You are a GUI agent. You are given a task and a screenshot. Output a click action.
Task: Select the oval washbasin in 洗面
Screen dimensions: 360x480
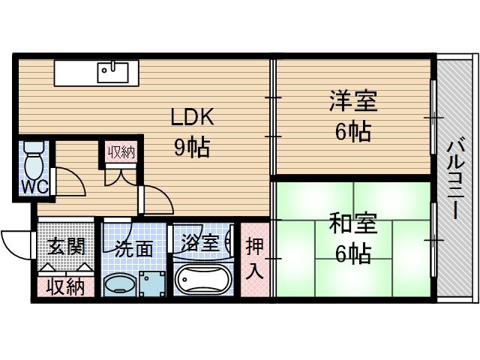click(118, 284)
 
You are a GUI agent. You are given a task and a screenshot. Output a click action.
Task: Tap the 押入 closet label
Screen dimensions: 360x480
click(255, 258)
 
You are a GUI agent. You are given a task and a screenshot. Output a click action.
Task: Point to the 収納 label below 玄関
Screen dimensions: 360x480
click(65, 286)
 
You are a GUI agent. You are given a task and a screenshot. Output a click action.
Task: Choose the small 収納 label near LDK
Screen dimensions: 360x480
click(121, 152)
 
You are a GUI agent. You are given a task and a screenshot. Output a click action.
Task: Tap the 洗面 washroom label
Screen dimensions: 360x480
click(134, 247)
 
